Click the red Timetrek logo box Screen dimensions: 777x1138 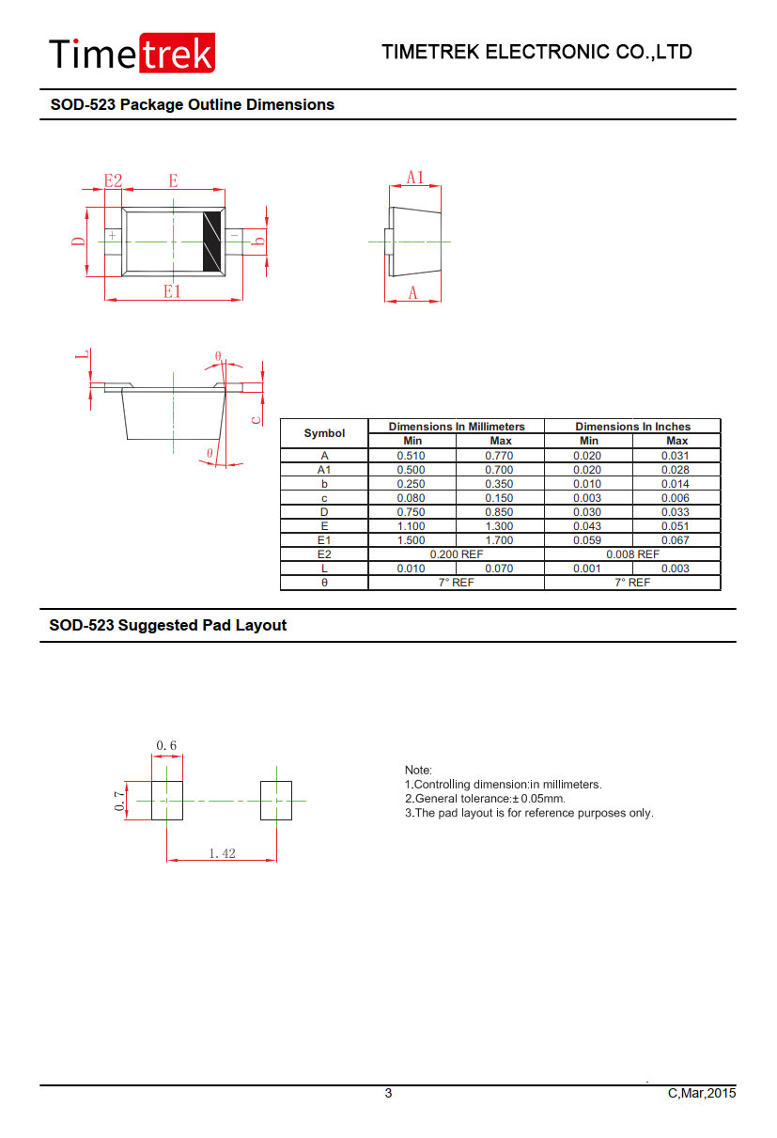coord(177,53)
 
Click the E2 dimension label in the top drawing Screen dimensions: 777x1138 coord(114,180)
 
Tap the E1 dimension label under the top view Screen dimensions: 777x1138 coord(172,291)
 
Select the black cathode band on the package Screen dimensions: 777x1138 coord(211,242)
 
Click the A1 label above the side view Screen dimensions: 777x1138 coord(415,178)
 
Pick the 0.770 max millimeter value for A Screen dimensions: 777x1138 coord(499,455)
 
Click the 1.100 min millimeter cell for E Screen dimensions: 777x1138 coord(411,526)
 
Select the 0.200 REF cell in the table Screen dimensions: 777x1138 coord(456,554)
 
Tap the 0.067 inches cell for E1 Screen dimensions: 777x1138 coord(675,540)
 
